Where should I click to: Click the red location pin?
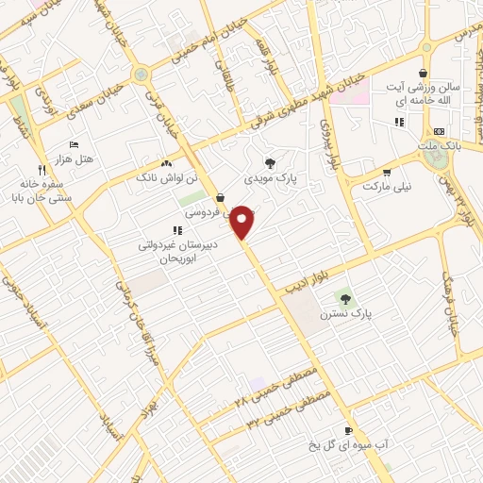click(243, 223)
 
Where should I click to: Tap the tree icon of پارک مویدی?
click(271, 162)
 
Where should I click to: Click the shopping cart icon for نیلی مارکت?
click(387, 173)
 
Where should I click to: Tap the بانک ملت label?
click(441, 146)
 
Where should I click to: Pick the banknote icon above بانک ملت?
click(439, 131)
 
